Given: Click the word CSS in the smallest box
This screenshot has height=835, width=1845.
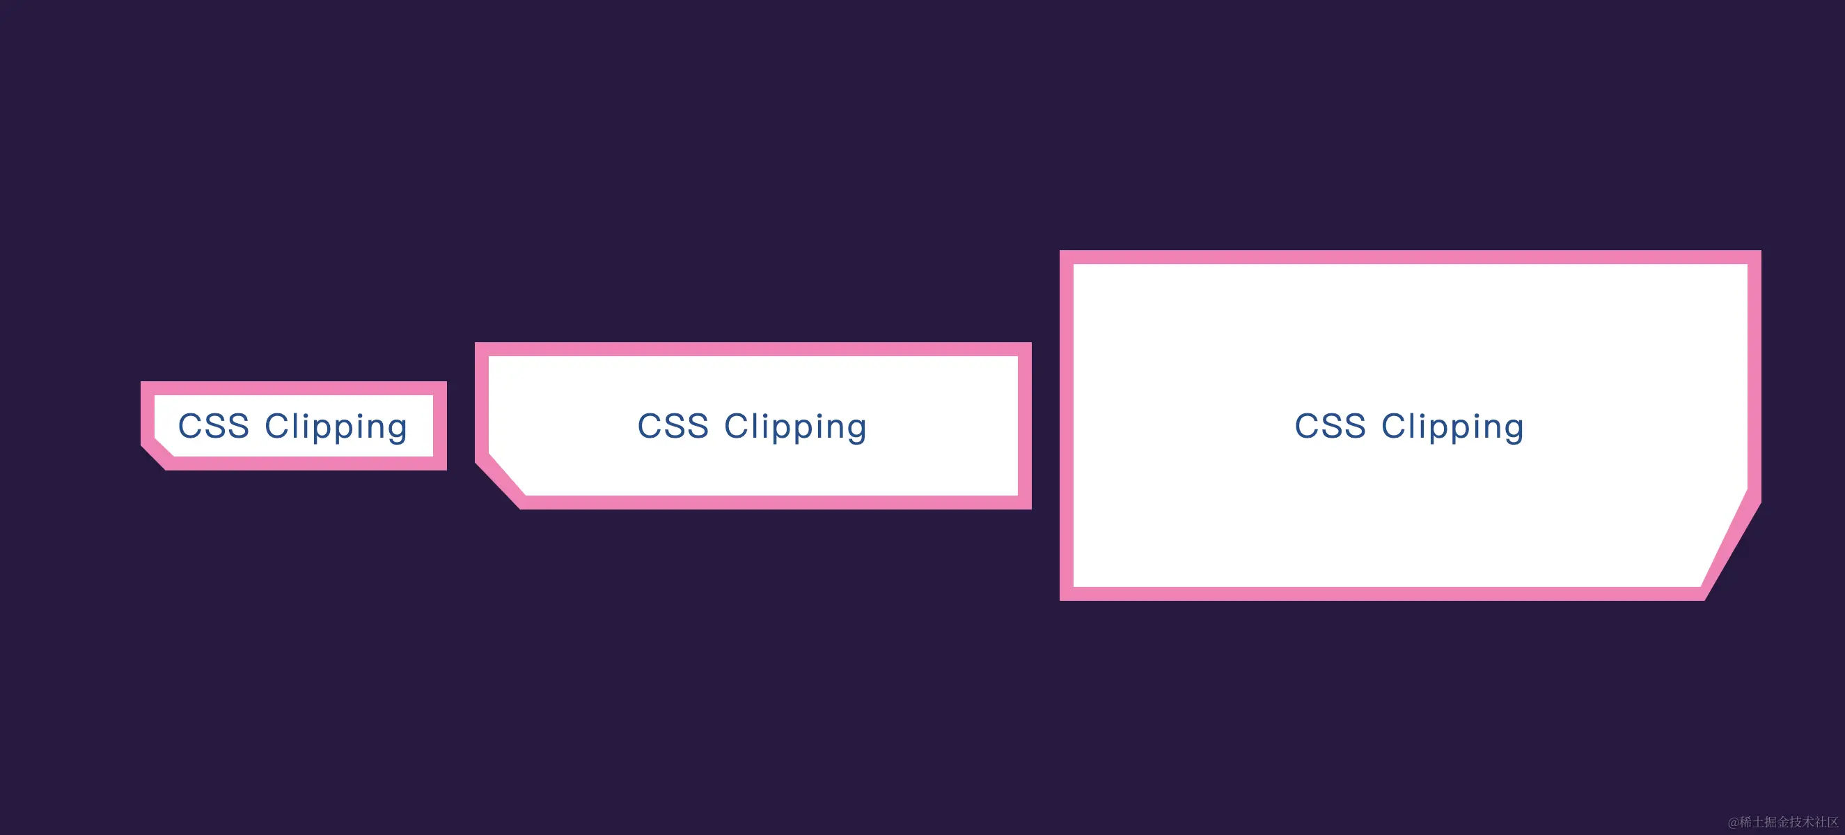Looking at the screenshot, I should pos(214,426).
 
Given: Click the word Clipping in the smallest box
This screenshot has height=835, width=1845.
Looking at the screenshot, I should pos(336,427).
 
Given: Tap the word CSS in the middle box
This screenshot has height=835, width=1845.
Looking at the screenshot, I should pos(673,426).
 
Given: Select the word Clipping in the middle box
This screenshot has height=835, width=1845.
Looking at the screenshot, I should pos(795,427).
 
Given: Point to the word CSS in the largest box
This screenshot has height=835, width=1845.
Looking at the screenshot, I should pos(1330,426).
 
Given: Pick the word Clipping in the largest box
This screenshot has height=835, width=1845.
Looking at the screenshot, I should pos(1452,427).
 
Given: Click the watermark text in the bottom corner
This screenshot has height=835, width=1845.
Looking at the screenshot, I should pos(1783,821).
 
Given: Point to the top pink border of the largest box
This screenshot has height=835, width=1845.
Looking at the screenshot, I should pos(1410,257).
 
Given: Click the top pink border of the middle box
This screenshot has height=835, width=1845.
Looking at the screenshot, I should pos(753,349).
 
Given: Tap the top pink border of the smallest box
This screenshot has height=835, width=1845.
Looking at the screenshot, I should pos(294,388).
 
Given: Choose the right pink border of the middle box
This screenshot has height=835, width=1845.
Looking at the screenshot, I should pos(1024,426).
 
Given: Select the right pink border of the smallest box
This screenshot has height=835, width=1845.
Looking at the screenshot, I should pos(440,426).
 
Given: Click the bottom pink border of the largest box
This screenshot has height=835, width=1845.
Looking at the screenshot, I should pos(1382,593).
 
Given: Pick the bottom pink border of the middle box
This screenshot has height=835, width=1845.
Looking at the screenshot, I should pos(774,502).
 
